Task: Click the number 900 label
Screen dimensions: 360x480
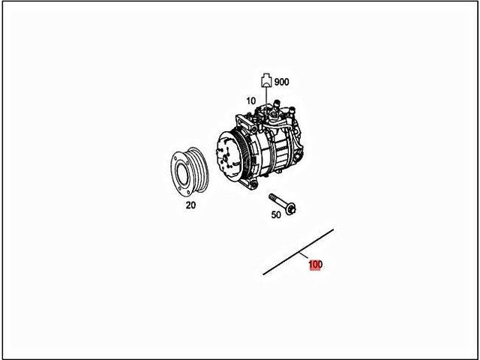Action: pyautogui.click(x=282, y=82)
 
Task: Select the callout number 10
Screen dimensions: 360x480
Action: pyautogui.click(x=250, y=100)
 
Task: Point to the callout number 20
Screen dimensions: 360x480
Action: pyautogui.click(x=190, y=204)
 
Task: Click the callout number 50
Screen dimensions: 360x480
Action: pyautogui.click(x=276, y=215)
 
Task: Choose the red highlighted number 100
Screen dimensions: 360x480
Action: pyautogui.click(x=315, y=265)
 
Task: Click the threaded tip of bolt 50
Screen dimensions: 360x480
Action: pyautogui.click(x=271, y=197)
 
